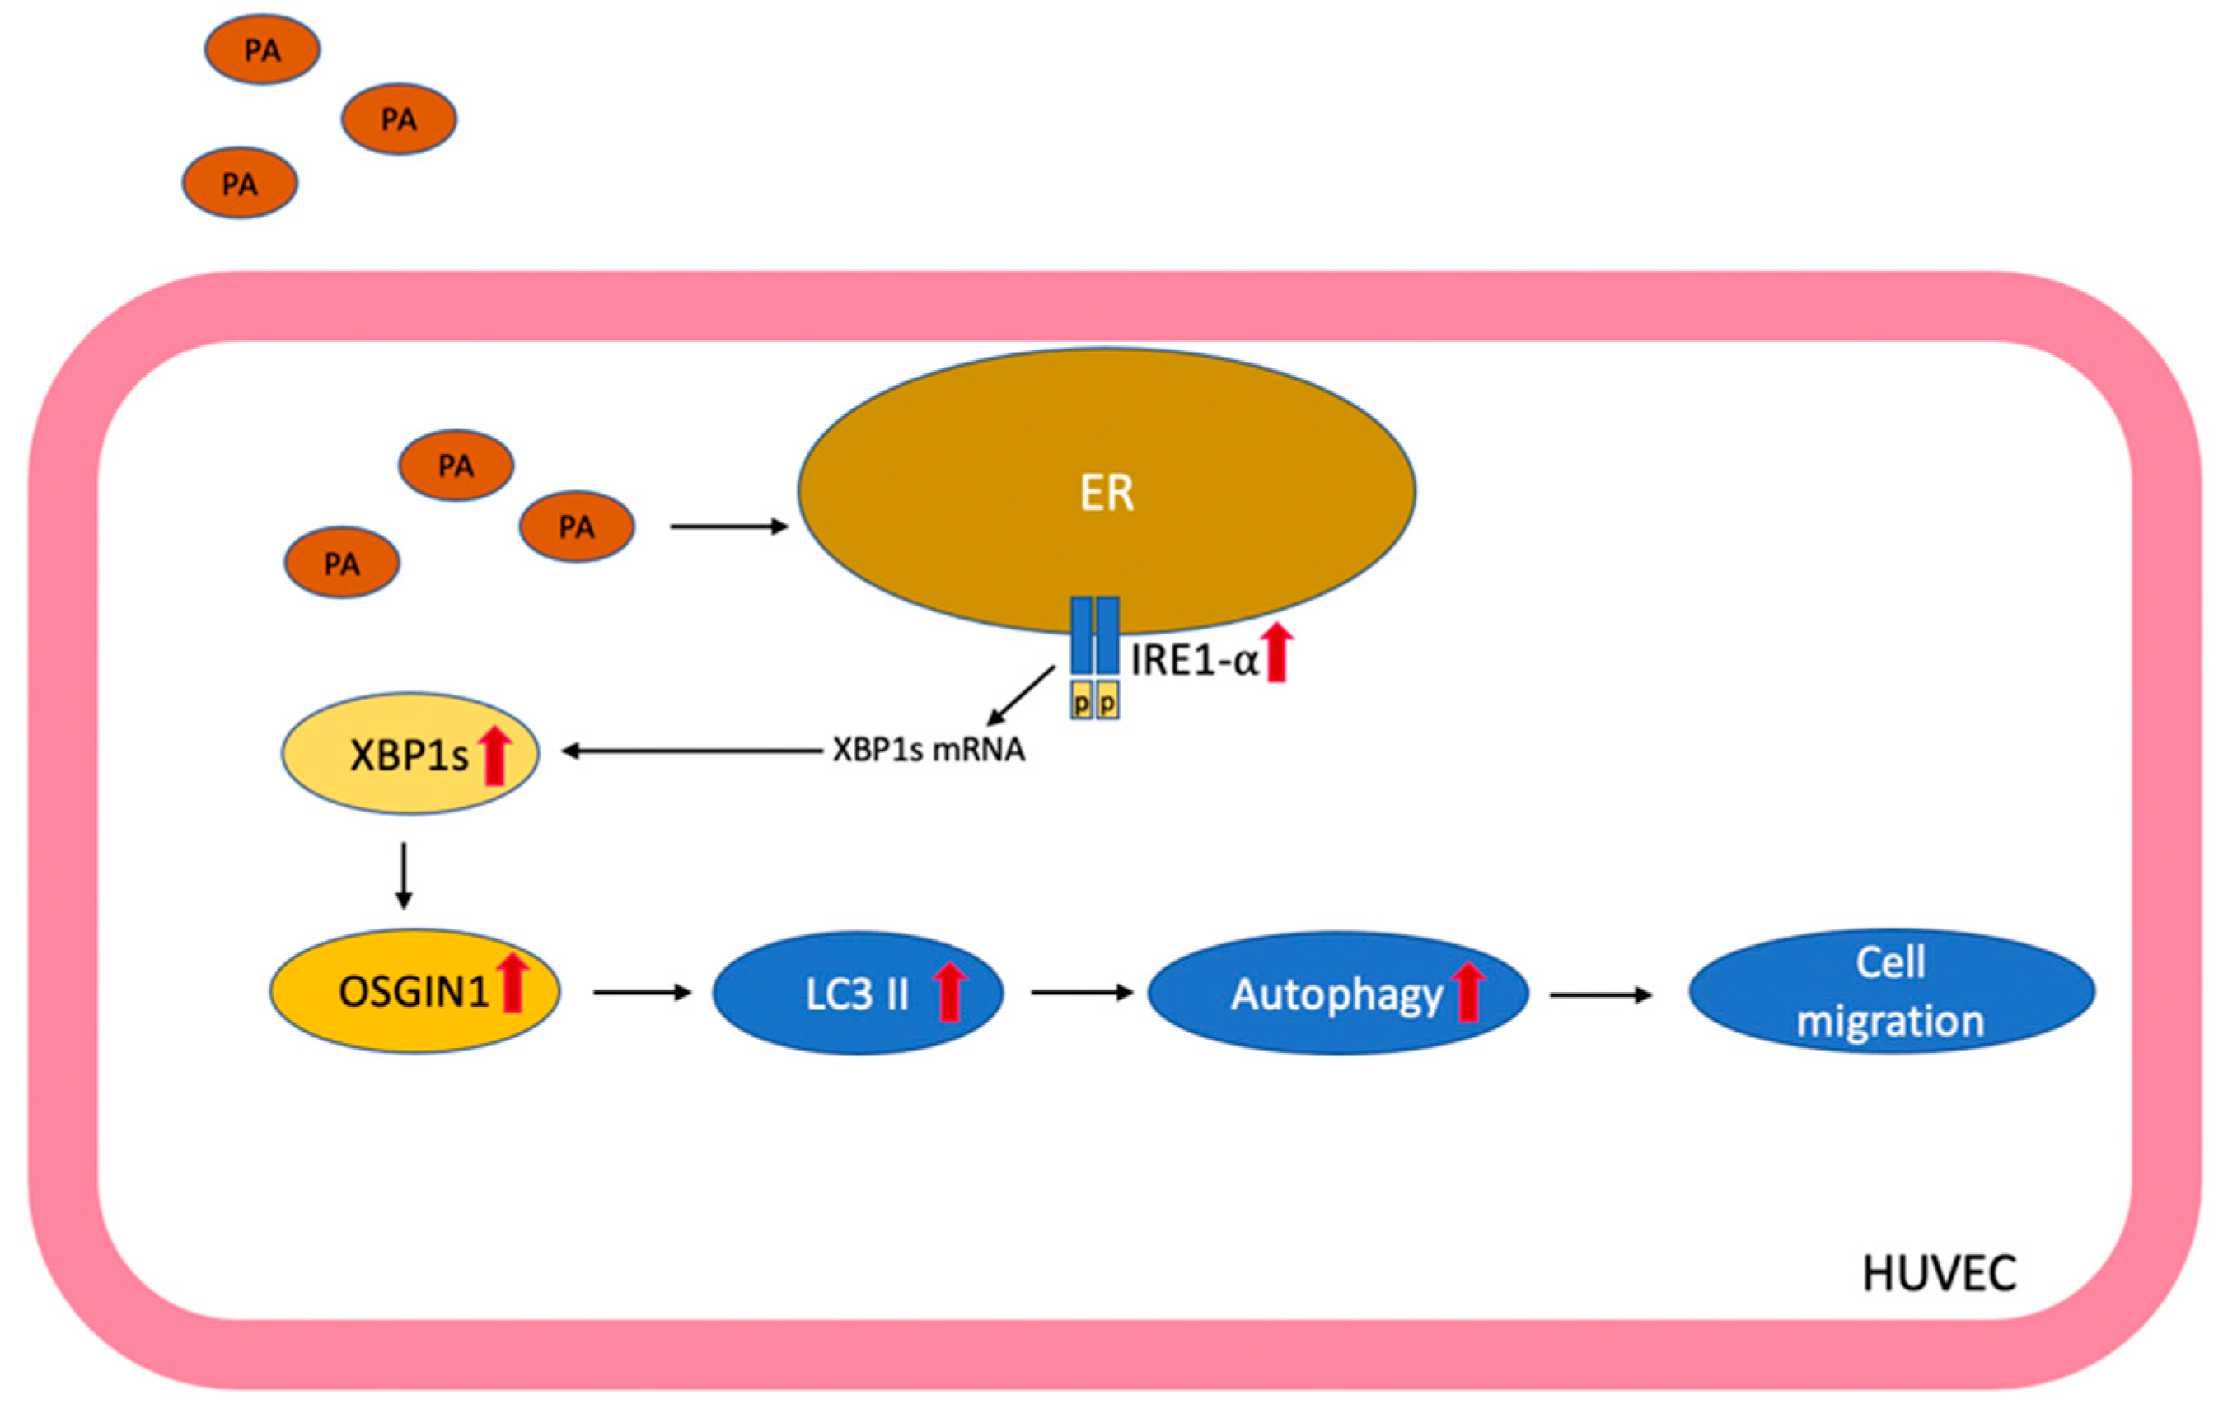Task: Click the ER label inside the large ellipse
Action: pyautogui.click(x=1106, y=493)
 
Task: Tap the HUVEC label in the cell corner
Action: pyautogui.click(x=1940, y=1274)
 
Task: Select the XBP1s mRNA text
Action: pyautogui.click(x=929, y=750)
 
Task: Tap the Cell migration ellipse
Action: pyautogui.click(x=1892, y=991)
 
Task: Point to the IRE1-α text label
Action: pyautogui.click(x=1195, y=661)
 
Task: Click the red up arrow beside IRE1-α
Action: pyautogui.click(x=1277, y=652)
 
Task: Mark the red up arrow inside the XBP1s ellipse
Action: pyautogui.click(x=495, y=756)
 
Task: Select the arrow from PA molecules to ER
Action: pyautogui.click(x=728, y=526)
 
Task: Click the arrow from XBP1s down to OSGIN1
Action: pyautogui.click(x=404, y=874)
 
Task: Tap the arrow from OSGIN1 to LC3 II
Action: pyautogui.click(x=642, y=992)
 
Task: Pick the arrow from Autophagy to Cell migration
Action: pyautogui.click(x=1600, y=995)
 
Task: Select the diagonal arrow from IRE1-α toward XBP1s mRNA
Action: pyautogui.click(x=1021, y=696)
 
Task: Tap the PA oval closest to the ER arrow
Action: pyautogui.click(x=577, y=526)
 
